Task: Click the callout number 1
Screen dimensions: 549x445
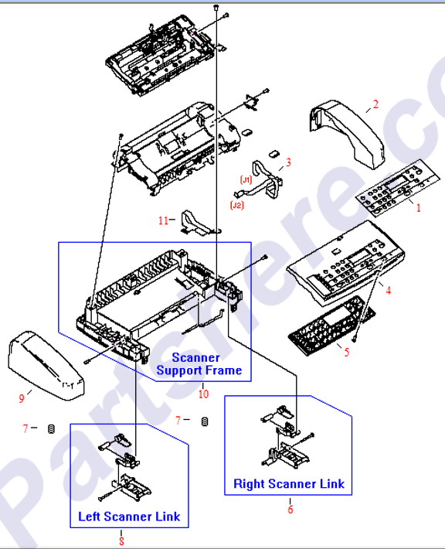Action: pyautogui.click(x=419, y=207)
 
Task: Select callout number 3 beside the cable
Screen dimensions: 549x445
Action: pyautogui.click(x=288, y=162)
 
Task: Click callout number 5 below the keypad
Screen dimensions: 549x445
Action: pyautogui.click(x=346, y=352)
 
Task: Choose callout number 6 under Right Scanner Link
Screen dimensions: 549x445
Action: pyautogui.click(x=290, y=509)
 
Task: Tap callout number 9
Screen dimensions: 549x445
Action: pyautogui.click(x=22, y=398)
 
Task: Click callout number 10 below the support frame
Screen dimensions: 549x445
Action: pyautogui.click(x=204, y=394)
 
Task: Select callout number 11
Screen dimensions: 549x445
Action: pyautogui.click(x=163, y=220)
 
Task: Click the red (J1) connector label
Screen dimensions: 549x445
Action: pyautogui.click(x=246, y=179)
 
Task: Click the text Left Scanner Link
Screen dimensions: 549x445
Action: pyautogui.click(x=128, y=516)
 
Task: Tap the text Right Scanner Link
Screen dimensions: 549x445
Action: pyautogui.click(x=289, y=484)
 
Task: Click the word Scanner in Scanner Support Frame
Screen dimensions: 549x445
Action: pyautogui.click(x=195, y=357)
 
